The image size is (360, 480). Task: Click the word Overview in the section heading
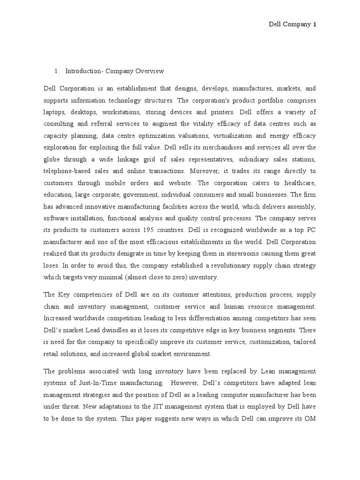point(148,71)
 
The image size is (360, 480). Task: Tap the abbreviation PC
point(310,230)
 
